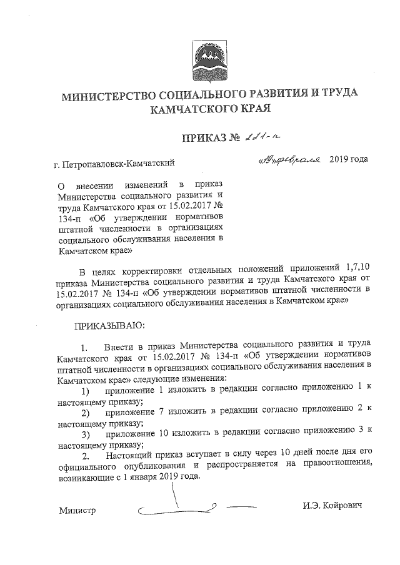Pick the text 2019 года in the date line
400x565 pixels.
click(x=348, y=160)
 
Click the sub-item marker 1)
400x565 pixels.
click(x=85, y=390)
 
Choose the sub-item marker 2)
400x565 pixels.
click(x=85, y=413)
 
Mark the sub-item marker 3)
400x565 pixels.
click(x=85, y=435)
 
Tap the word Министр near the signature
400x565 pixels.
click(x=77, y=511)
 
